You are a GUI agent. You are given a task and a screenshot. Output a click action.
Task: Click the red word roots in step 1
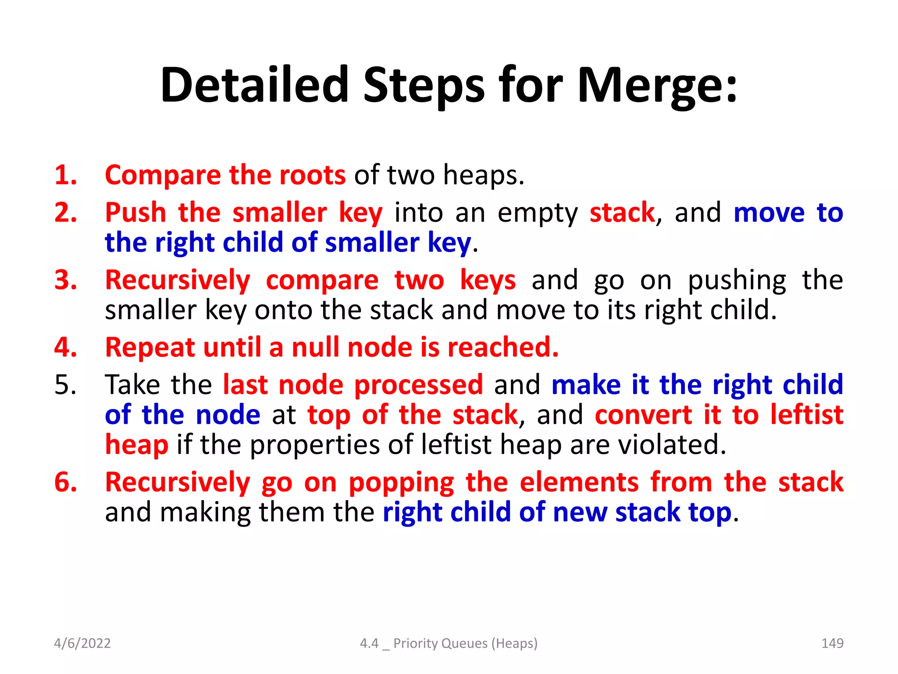(312, 175)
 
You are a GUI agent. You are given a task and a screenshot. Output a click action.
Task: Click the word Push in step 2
(135, 213)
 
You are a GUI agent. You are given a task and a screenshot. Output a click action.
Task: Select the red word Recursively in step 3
(178, 280)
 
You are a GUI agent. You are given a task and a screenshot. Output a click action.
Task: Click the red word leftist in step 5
(807, 415)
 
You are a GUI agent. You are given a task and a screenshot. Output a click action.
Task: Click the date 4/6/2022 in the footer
(82, 643)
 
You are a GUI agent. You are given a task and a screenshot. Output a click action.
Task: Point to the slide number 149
(832, 643)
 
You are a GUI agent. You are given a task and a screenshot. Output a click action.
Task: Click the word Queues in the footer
(464, 643)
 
